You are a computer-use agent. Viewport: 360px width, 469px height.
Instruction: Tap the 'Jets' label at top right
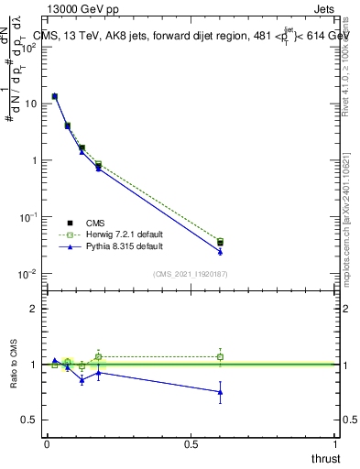tap(325, 8)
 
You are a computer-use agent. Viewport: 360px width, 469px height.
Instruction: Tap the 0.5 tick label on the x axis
tap(191, 444)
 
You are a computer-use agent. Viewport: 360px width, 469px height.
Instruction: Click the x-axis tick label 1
tap(336, 444)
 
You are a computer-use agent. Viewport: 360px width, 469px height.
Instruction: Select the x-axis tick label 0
tap(47, 444)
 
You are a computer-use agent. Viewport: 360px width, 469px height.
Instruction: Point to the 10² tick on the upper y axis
tap(29, 47)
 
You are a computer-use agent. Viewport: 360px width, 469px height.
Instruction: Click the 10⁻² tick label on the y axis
tap(28, 274)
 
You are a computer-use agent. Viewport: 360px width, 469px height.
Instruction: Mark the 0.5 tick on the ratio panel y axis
tap(30, 420)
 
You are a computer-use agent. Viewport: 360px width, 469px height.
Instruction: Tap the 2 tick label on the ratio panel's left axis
tap(34, 309)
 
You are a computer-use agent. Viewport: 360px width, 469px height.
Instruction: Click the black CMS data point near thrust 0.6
tap(220, 243)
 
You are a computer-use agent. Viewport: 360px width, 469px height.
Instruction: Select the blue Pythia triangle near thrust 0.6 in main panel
tap(220, 251)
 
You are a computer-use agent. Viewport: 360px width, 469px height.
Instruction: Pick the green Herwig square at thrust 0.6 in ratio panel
tap(220, 356)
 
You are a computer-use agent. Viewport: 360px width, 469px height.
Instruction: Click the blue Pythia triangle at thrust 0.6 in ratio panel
tap(220, 392)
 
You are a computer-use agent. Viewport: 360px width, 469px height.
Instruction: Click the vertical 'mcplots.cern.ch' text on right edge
tap(349, 234)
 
